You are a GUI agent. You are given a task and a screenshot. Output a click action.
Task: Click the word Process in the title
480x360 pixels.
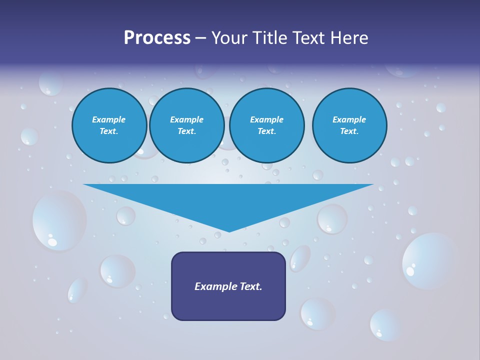157,38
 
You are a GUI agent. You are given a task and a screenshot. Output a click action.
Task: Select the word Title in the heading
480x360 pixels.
279,38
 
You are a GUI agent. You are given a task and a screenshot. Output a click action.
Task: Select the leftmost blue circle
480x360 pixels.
109,125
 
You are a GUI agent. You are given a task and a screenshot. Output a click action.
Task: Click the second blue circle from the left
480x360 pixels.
187,125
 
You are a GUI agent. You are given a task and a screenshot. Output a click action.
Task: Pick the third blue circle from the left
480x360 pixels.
267,125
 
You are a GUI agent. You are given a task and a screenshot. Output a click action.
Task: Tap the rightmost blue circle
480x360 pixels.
349,125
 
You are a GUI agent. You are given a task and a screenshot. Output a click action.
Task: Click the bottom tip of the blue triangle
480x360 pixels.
229,230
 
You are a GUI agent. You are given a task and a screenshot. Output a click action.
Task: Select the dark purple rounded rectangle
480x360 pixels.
228,286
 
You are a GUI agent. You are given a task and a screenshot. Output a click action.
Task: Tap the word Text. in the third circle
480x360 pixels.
267,131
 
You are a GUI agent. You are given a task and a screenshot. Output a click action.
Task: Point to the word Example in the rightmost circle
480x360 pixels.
349,119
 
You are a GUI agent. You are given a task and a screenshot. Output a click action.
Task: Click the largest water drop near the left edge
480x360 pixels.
59,220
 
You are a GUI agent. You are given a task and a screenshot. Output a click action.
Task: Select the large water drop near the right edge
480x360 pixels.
428,260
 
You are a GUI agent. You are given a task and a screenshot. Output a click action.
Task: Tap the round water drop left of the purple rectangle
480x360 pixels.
117,271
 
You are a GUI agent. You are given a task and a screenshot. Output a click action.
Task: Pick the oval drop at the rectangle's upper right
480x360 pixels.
300,258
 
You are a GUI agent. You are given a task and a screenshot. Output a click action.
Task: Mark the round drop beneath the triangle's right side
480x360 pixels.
332,219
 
